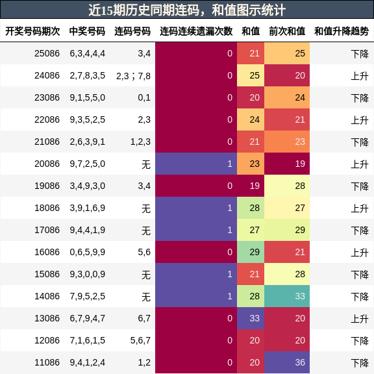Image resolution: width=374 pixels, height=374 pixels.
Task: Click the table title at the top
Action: tap(187, 10)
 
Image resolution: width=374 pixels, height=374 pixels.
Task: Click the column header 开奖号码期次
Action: tap(32, 31)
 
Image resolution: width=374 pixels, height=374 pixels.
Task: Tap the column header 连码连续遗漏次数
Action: tap(196, 31)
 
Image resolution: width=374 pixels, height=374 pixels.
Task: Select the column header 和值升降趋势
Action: tap(342, 31)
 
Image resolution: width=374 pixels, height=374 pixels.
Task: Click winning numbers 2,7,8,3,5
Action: tap(87, 75)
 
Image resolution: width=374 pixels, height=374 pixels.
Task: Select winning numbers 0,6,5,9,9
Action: tap(87, 252)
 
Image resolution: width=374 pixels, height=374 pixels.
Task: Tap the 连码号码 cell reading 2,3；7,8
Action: tap(133, 75)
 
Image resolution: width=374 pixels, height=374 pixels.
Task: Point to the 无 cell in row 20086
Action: tap(145, 164)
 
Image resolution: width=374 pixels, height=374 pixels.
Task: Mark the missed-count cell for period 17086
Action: tap(196, 230)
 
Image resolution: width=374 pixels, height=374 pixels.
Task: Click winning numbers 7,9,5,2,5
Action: tap(87, 296)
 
